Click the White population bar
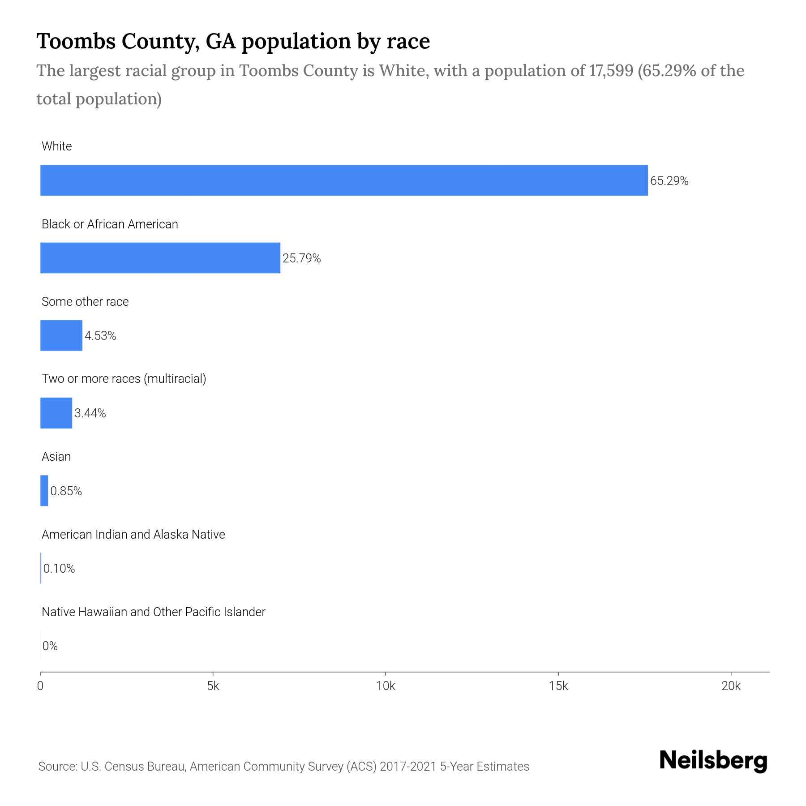[344, 180]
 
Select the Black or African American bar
[160, 258]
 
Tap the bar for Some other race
[61, 335]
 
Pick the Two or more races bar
[56, 413]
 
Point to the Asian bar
[44, 491]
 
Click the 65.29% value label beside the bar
[669, 181]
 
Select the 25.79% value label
[301, 258]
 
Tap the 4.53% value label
[100, 336]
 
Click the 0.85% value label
[66, 491]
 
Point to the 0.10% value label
[59, 569]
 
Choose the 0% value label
[50, 646]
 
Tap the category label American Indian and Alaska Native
[133, 535]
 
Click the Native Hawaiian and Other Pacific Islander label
[153, 612]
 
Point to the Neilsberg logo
[713, 761]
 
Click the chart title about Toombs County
[233, 41]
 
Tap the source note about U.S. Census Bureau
[283, 767]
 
